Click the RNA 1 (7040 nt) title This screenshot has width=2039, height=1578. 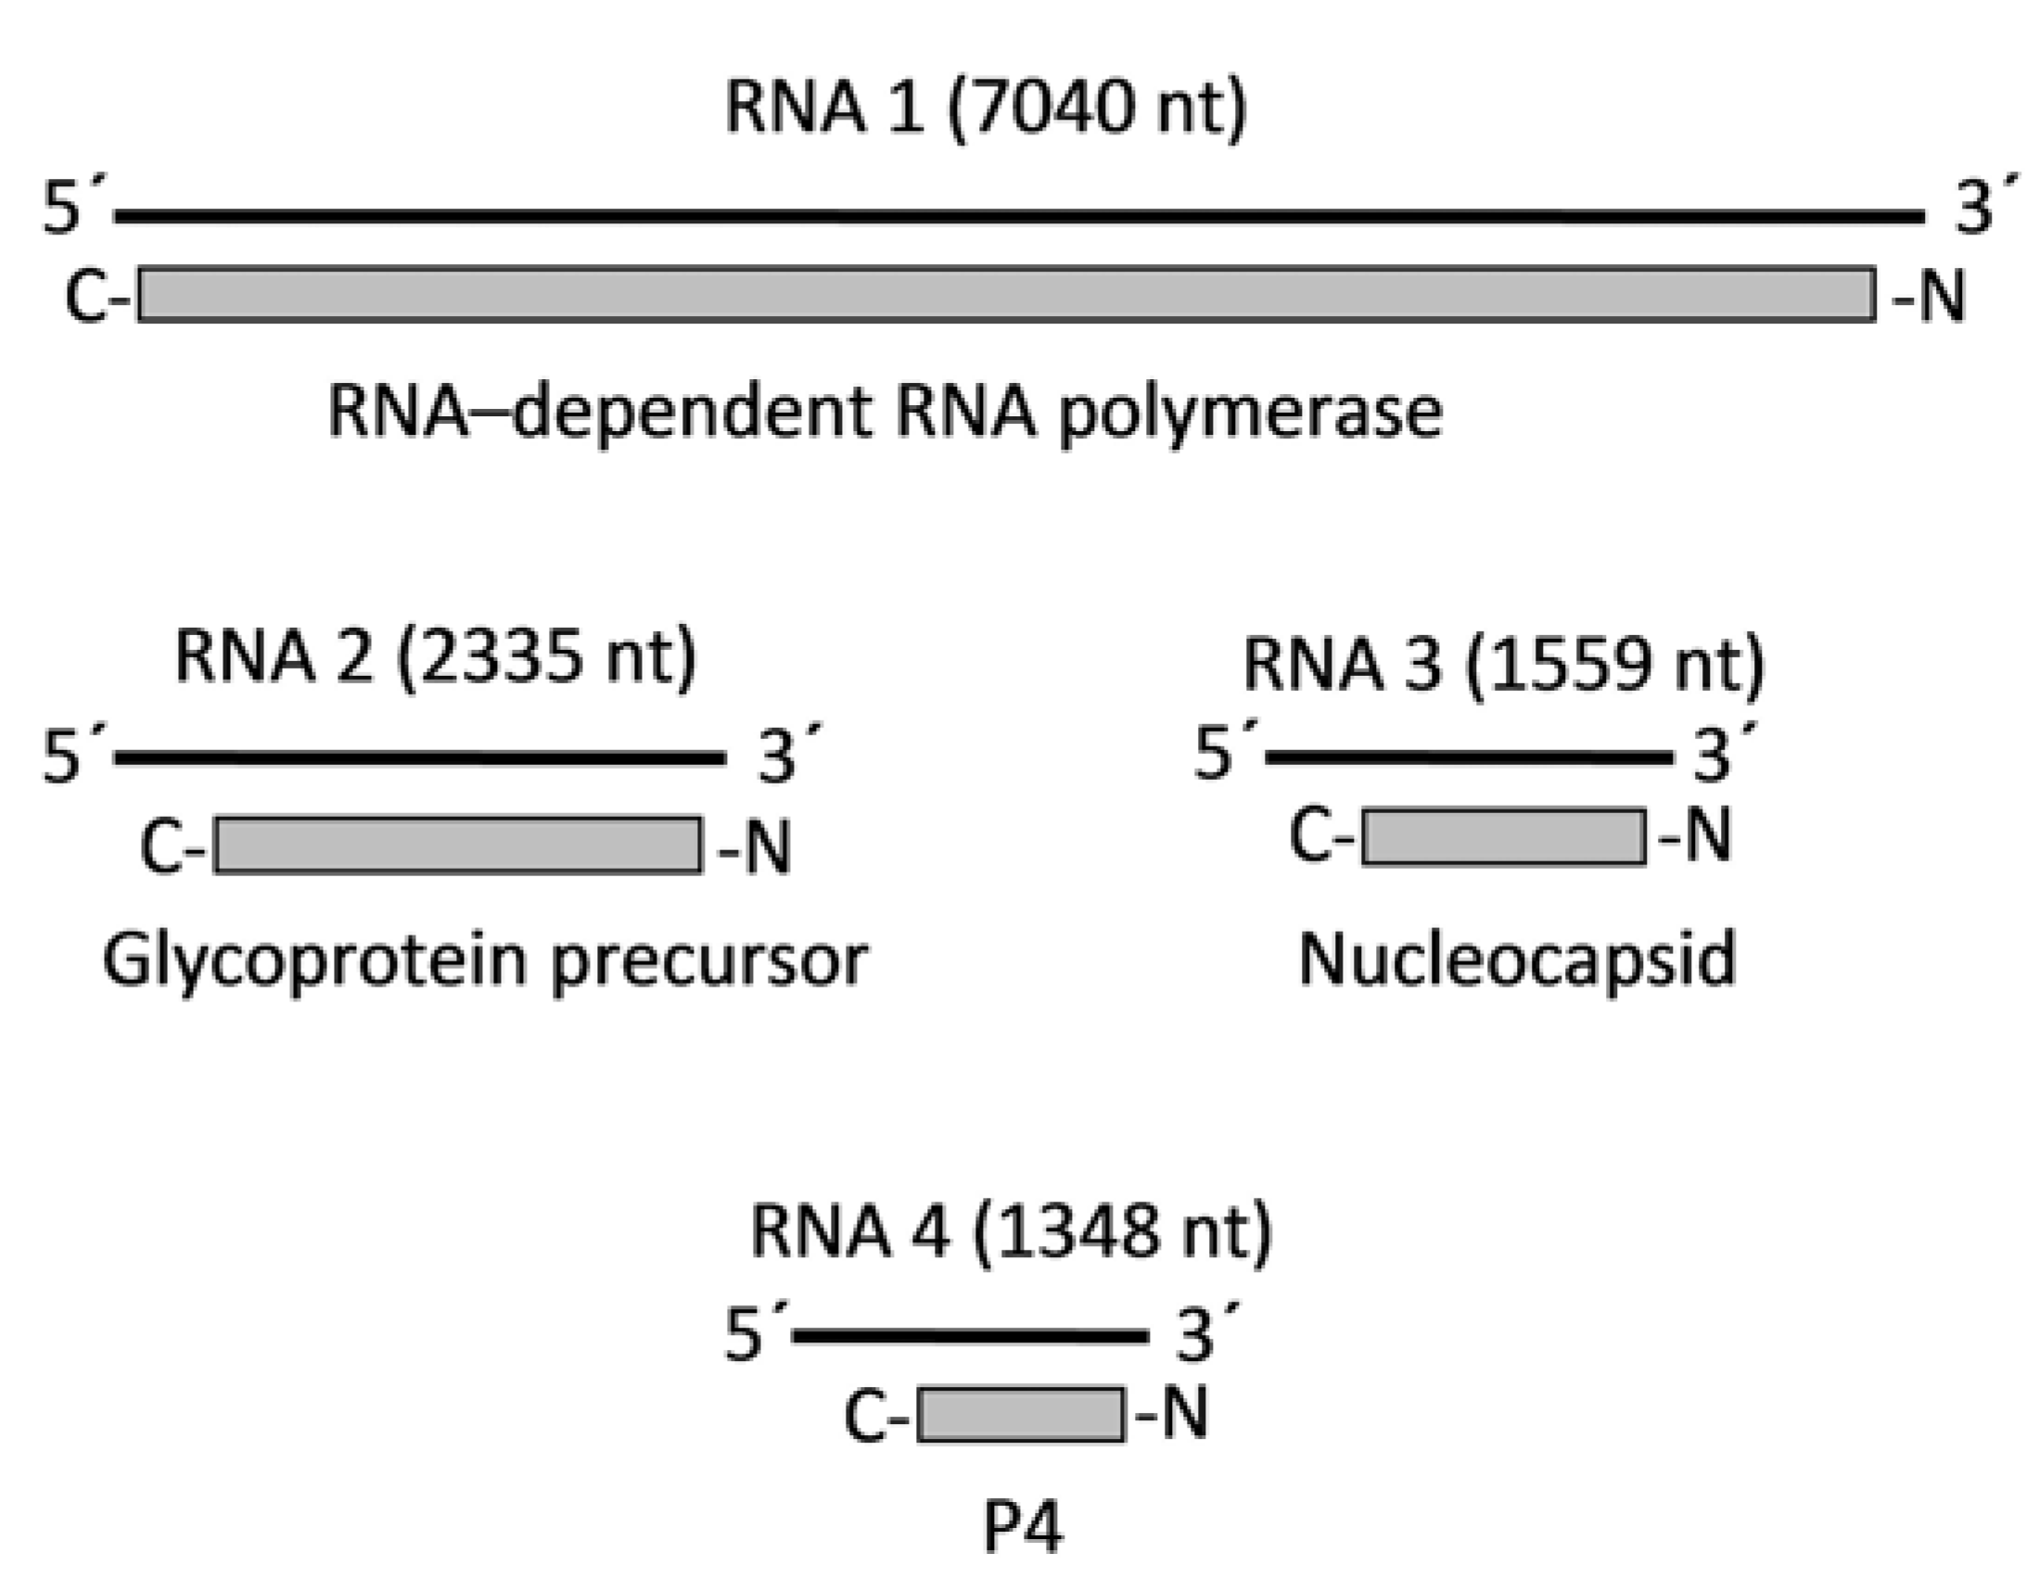986,108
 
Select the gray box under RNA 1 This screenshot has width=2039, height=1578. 1006,294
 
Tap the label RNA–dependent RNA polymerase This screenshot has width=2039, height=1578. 886,413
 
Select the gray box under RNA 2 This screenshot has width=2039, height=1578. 457,845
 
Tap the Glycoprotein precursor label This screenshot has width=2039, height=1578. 486,961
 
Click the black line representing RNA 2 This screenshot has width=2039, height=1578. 420,758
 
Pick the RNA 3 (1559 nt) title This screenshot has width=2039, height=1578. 1503,666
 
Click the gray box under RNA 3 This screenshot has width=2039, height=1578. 1503,836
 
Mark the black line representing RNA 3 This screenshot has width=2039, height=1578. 1469,757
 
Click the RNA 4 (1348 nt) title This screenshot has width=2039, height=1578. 1011,1231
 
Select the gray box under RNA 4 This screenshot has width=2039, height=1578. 1021,1415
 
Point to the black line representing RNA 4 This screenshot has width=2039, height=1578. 971,1336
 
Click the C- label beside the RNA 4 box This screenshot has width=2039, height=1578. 875,1417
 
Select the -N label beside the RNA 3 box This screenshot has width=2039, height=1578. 1695,835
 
